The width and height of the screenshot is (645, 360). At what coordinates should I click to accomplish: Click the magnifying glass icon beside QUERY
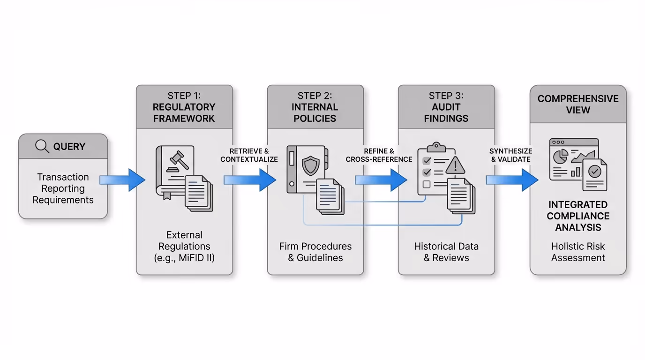[x=42, y=146]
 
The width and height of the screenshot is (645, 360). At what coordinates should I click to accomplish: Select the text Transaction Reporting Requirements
[x=63, y=188]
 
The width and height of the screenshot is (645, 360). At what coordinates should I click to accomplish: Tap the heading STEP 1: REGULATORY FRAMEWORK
[x=184, y=107]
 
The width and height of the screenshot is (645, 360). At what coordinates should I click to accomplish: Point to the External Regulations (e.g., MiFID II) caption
[x=184, y=246]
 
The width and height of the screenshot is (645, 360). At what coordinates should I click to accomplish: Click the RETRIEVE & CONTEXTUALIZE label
[x=249, y=155]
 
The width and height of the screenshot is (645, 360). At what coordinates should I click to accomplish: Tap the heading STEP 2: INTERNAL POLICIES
[x=315, y=107]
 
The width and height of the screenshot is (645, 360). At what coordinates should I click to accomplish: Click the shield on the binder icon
[x=310, y=165]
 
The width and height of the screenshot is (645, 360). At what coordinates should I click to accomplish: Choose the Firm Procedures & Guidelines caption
[x=315, y=252]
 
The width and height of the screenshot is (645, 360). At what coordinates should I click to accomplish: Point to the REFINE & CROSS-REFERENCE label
[x=379, y=155]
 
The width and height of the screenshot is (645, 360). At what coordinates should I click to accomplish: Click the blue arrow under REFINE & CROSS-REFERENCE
[x=380, y=180]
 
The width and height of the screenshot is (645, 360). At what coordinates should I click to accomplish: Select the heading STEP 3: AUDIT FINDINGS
[x=446, y=107]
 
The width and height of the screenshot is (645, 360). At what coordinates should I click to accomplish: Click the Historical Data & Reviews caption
[x=446, y=252]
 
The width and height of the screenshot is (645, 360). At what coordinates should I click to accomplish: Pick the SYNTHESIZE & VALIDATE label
[x=510, y=155]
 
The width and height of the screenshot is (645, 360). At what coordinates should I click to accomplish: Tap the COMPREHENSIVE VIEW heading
[x=577, y=104]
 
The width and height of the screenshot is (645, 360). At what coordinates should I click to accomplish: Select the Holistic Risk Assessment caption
[x=577, y=252]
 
